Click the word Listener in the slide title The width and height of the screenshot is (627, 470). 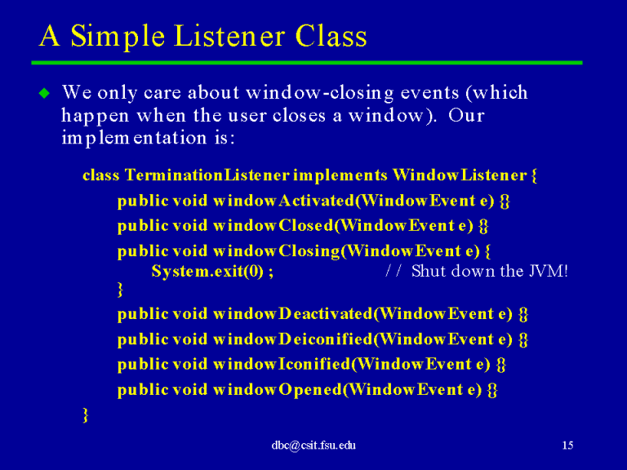(230, 36)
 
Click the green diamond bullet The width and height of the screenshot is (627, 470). (44, 93)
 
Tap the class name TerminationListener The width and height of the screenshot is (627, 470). (207, 175)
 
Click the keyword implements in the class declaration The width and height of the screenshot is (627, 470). (340, 175)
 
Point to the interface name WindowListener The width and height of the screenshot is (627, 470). (460, 175)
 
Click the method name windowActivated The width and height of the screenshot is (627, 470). (284, 200)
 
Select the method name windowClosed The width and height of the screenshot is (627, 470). (273, 225)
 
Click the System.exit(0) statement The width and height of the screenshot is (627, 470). (212, 272)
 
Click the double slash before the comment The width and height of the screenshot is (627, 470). (393, 271)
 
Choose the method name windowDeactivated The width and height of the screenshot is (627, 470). (293, 313)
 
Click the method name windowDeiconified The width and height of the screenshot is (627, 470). (293, 339)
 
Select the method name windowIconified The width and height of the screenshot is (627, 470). (282, 364)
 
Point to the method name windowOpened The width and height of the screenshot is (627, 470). (278, 389)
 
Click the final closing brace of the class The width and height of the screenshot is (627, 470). (85, 415)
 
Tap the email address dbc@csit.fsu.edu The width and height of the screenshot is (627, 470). (313, 446)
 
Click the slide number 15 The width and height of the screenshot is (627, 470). (567, 446)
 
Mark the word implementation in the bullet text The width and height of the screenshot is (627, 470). (135, 138)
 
